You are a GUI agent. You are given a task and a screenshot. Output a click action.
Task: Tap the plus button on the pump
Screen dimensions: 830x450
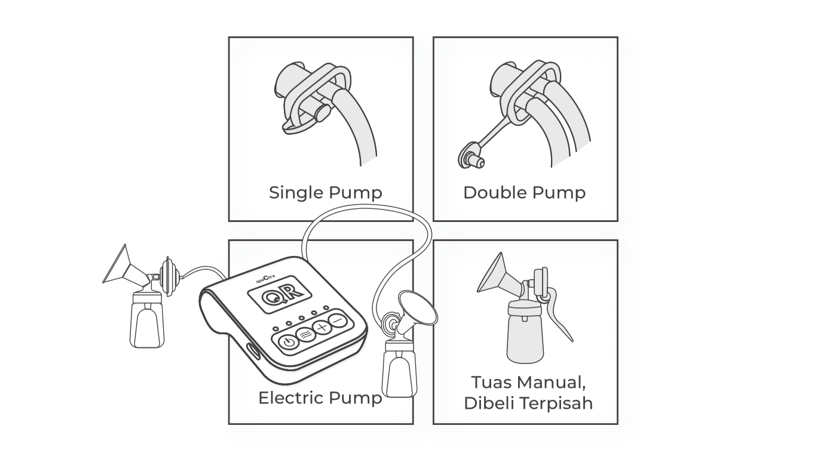click(322, 327)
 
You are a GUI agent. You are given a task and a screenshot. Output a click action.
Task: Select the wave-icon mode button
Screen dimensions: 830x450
click(306, 335)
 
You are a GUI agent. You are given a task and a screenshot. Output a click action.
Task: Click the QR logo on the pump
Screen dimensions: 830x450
click(280, 295)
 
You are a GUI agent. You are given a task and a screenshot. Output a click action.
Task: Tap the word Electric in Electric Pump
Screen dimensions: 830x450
click(291, 398)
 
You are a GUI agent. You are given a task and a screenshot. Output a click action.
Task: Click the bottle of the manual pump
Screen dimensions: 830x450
click(525, 332)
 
